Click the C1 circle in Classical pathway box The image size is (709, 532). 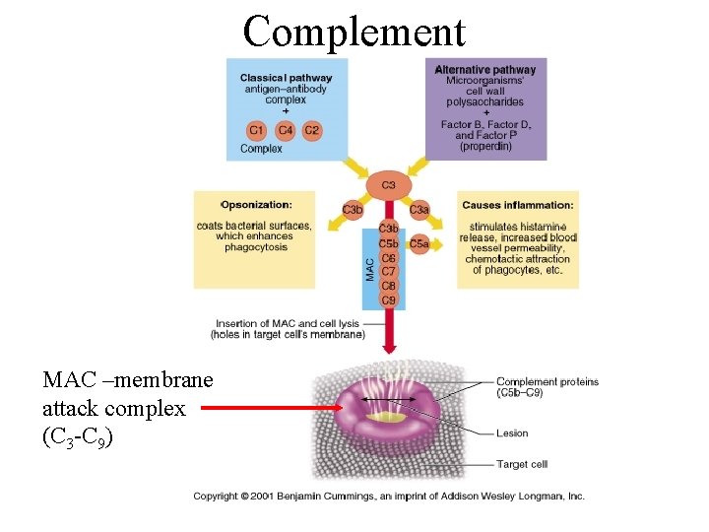256,130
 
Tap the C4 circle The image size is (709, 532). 285,130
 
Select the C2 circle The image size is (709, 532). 312,130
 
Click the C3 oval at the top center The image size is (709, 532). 388,184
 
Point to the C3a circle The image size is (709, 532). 419,210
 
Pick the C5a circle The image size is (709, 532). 419,243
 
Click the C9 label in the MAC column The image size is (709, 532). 388,299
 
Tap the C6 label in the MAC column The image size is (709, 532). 388,258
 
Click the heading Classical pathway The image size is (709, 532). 286,78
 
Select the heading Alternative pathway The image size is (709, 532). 485,70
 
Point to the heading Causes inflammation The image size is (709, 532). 517,205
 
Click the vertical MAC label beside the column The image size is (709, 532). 370,269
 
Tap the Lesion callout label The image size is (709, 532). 512,433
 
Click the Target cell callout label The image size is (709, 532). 522,464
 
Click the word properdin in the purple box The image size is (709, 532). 485,147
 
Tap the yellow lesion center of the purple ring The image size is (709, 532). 386,416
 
